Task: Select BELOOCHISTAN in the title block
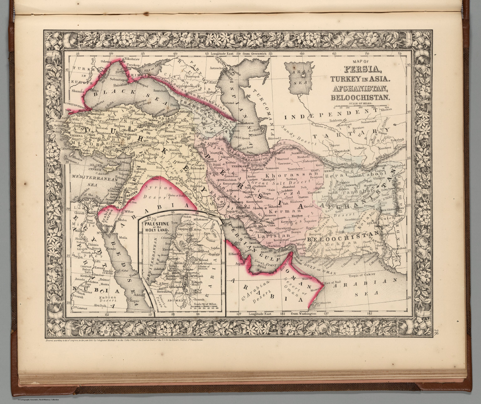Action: tap(361, 97)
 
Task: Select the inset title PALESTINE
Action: tap(156, 224)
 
